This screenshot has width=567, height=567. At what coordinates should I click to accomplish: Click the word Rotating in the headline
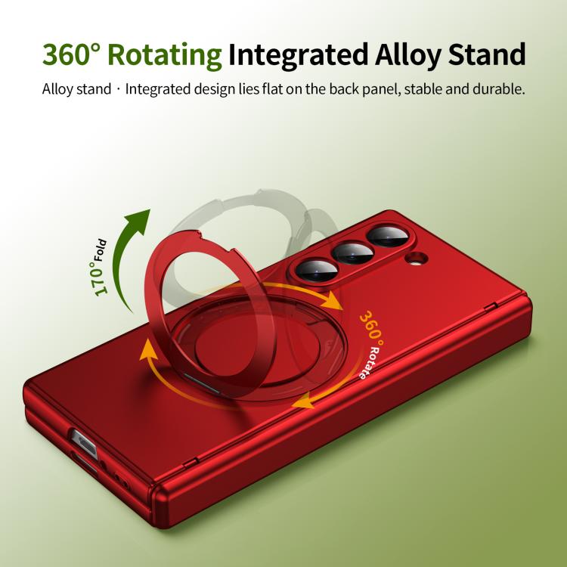pos(165,55)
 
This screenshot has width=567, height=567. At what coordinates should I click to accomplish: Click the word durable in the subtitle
pos(498,89)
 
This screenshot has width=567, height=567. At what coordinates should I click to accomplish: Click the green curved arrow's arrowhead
pos(138,220)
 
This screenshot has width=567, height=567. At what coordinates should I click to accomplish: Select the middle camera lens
pos(352,253)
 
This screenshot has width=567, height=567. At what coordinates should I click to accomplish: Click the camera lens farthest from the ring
pos(387,236)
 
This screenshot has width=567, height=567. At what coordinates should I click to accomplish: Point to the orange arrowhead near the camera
pos(332,300)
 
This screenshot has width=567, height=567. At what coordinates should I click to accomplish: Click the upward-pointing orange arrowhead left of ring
pos(149,349)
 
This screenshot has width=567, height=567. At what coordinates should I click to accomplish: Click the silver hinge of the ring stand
pos(201,384)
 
